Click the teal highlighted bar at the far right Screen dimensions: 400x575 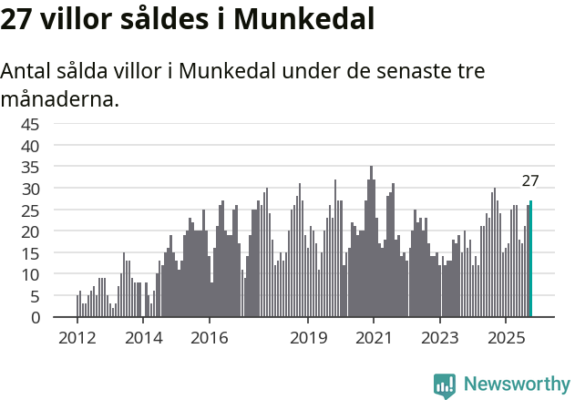pyautogui.click(x=530, y=260)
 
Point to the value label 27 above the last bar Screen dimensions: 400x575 pyautogui.click(x=530, y=181)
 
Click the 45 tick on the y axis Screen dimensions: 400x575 pyautogui.click(x=30, y=124)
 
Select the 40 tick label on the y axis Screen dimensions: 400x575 pyautogui.click(x=30, y=146)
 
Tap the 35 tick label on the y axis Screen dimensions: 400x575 pyautogui.click(x=30, y=167)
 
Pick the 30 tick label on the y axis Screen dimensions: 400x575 pyautogui.click(x=30, y=189)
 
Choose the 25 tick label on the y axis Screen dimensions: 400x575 pyautogui.click(x=30, y=210)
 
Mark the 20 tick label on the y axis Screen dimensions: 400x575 pyautogui.click(x=30, y=231)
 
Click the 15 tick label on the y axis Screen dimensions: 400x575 pyautogui.click(x=30, y=253)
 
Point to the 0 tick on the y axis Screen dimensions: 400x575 pyautogui.click(x=35, y=318)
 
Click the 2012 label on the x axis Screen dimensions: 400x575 pyautogui.click(x=77, y=338)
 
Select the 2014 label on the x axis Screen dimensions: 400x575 pyautogui.click(x=143, y=338)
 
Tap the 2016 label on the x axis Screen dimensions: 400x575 pyautogui.click(x=209, y=338)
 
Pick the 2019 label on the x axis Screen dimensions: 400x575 pyautogui.click(x=308, y=338)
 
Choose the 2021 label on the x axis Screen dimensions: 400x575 pyautogui.click(x=374, y=338)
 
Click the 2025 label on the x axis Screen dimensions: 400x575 pyautogui.click(x=506, y=338)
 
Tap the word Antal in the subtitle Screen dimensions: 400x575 pyautogui.click(x=28, y=72)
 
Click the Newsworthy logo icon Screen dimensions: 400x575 pyautogui.click(x=445, y=385)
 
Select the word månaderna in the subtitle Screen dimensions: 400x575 pyautogui.click(x=60, y=99)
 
